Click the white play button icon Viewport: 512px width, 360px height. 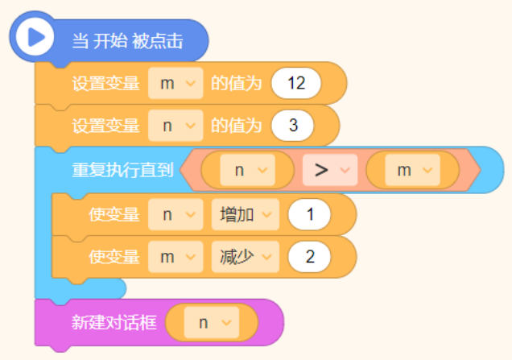(35, 36)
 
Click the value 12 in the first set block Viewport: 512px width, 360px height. (296, 83)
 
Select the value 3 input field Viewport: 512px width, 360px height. (293, 126)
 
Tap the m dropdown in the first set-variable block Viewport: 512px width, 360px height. (175, 83)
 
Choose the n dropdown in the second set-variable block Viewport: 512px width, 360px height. (175, 126)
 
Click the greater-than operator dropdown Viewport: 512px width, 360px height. (330, 170)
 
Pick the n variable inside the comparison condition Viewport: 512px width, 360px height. (247, 170)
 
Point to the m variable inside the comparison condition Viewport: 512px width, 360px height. (413, 170)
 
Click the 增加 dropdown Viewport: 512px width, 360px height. (246, 214)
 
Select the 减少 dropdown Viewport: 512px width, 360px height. (246, 257)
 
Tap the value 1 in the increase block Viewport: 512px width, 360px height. (309, 214)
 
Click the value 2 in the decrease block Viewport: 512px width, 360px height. (309, 257)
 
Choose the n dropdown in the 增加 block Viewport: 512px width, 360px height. (175, 214)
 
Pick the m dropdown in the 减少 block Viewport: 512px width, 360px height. (175, 257)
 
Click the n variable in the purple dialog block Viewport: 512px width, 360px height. (212, 323)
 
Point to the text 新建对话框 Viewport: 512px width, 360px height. (114, 322)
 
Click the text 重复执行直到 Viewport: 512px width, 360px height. (122, 170)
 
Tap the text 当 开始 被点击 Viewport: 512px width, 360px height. (128, 41)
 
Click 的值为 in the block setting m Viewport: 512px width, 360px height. (237, 83)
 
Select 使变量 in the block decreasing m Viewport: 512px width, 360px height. (114, 257)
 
